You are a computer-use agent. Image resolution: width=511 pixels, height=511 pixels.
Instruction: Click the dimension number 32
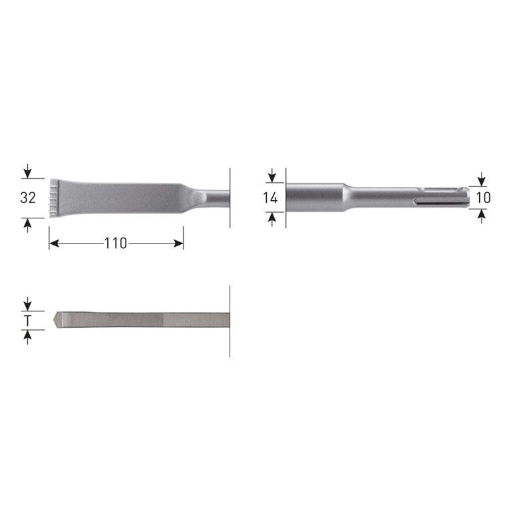pos(27,198)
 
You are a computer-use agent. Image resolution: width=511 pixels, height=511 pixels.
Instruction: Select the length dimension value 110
pos(116,244)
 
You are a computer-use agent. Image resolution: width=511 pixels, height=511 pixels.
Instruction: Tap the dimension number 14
pos(270,198)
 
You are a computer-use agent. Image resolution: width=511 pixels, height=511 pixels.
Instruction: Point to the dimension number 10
pos(484,198)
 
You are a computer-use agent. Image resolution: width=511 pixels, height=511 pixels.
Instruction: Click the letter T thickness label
pos(27,321)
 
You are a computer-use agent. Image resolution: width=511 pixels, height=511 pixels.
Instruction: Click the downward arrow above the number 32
pos(27,173)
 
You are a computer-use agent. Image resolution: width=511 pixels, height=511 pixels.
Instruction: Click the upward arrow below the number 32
pos(27,222)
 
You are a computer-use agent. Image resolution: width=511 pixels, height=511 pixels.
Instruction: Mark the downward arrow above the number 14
pos(271,176)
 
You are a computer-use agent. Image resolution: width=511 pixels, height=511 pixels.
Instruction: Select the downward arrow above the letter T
pos(27,305)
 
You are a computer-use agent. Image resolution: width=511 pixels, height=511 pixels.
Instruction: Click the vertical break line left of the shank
pos(285,198)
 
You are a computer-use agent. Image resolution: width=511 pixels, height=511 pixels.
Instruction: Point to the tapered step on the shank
pos(345,197)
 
